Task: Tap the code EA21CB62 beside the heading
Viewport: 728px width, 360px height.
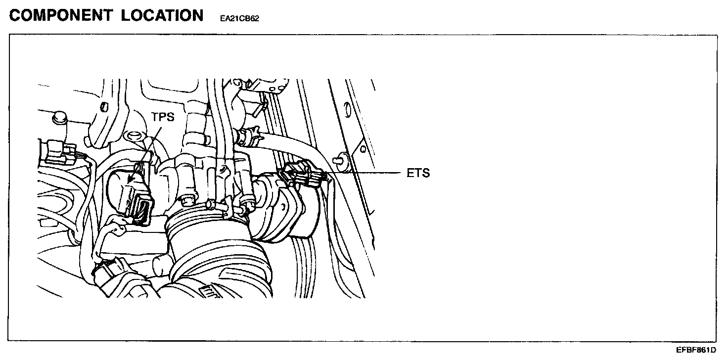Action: [240, 18]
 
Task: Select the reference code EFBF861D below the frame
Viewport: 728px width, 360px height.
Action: [697, 350]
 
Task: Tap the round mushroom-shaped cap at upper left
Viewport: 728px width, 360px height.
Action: [59, 119]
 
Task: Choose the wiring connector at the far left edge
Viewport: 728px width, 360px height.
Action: [57, 151]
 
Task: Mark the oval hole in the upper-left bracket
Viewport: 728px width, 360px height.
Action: [104, 107]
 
